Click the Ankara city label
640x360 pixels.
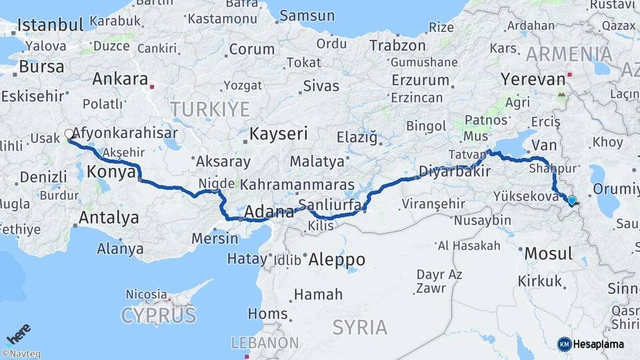click(x=120, y=79)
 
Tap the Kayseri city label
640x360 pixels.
click(x=278, y=133)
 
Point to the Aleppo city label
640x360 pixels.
click(x=337, y=259)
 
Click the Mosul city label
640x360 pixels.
click(x=549, y=253)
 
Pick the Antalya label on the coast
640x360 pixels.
click(x=109, y=217)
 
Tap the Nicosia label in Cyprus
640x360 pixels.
click(x=146, y=294)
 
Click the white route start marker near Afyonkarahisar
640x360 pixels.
click(x=69, y=134)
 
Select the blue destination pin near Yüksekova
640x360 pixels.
click(x=571, y=199)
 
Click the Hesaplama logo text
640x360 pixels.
click(x=598, y=344)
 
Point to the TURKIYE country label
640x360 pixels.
click(x=209, y=109)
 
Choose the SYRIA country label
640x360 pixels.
click(x=359, y=327)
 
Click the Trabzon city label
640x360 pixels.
click(x=397, y=46)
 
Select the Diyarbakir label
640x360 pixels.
click(x=454, y=171)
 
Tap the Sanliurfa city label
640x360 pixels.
click(x=330, y=204)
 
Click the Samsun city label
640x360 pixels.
click(x=307, y=15)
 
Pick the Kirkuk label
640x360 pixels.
click(x=539, y=281)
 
